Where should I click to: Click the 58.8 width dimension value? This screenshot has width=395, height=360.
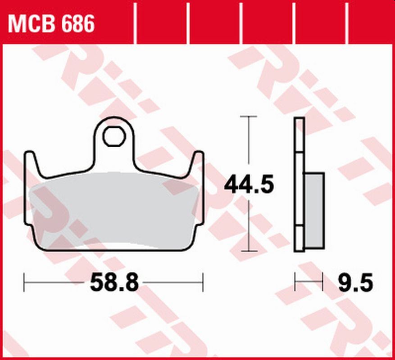click(114, 283)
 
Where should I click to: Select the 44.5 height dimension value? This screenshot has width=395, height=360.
click(249, 184)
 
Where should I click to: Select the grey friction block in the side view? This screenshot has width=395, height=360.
click(314, 210)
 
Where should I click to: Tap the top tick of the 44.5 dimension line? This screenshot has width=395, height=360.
click(249, 116)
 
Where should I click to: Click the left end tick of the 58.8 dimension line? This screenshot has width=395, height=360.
click(24, 283)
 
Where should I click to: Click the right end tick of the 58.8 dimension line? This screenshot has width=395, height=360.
click(203, 283)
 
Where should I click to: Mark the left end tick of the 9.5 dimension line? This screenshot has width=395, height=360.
click(295, 283)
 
